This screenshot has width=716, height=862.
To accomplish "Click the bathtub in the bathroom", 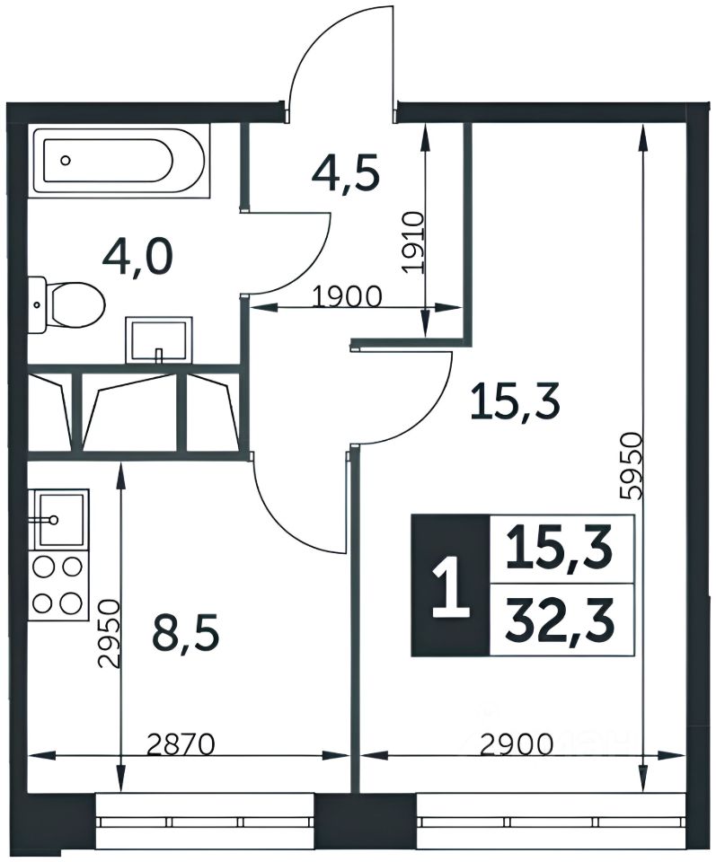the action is coord(119,160).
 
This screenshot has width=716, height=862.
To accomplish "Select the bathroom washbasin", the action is coord(159,340).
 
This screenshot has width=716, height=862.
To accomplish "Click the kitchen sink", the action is coord(59,518).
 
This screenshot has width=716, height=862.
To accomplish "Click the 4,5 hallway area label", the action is coord(345,174).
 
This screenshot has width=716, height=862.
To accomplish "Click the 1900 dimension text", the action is coord(347,297).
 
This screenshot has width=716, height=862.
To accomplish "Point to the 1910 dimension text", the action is coord(412,242).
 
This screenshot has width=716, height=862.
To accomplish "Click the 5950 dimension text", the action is coord(629,466).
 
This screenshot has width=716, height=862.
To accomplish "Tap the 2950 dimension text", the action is coord(108,633).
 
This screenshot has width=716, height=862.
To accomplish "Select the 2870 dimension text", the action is coord(181,745).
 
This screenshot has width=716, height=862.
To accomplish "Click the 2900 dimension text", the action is coord(516,745).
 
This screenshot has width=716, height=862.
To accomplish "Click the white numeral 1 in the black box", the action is coord(450,585).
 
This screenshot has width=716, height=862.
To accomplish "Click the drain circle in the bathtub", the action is coord(66,161).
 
